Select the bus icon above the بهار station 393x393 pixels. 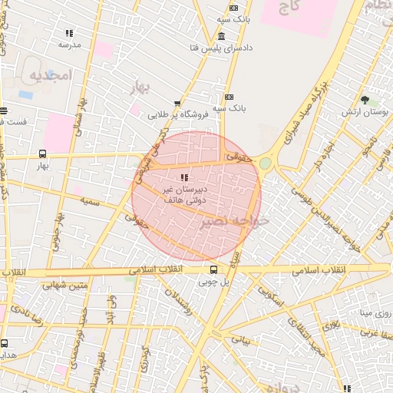coord(43,153)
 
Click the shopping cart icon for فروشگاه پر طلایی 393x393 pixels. coord(177,104)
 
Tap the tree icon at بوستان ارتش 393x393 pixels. coord(365,100)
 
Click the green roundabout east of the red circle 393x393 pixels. coord(266,163)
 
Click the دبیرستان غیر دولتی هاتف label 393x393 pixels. coord(183,193)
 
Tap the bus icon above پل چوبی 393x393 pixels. coord(213,269)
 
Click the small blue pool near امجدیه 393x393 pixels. coord(26,94)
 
